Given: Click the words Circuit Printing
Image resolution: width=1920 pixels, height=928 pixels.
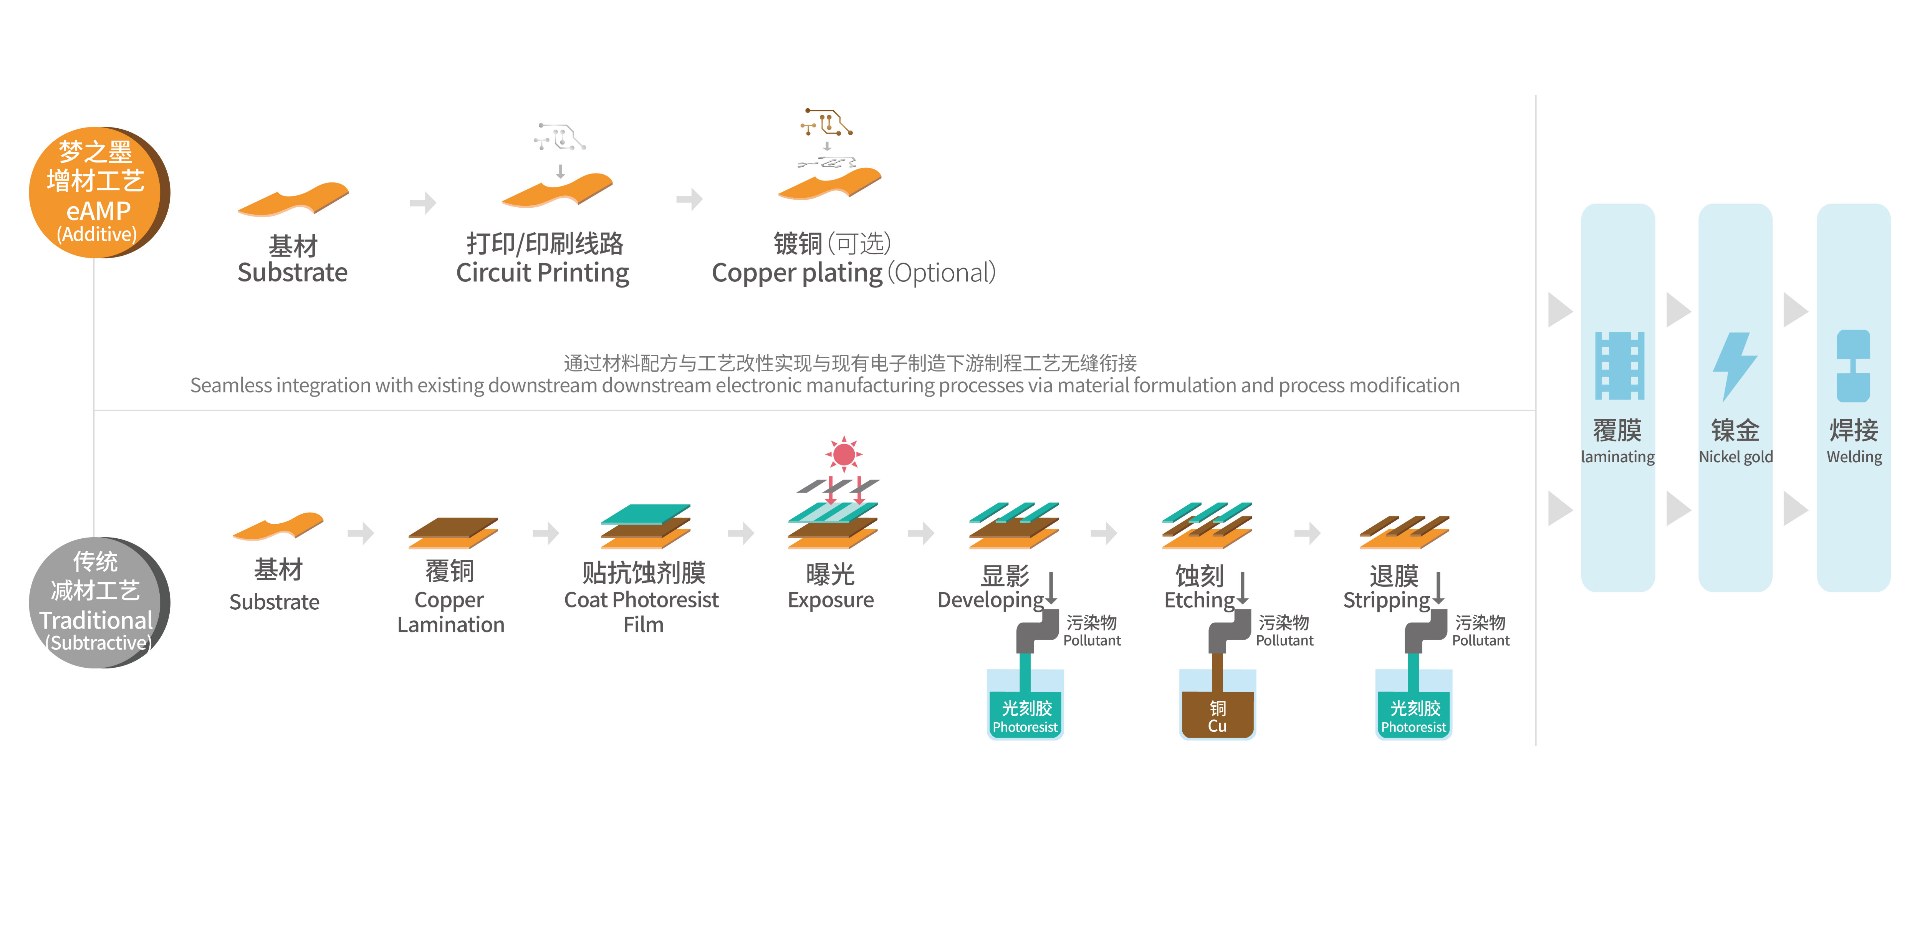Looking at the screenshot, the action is pyautogui.click(x=543, y=273).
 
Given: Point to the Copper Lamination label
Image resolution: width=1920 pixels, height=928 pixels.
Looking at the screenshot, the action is pyautogui.click(x=451, y=612).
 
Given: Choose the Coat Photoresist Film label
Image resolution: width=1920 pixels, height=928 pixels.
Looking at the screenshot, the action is pyautogui.click(x=642, y=612).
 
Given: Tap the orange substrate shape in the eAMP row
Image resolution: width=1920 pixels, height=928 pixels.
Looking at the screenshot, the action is pyautogui.click(x=293, y=199).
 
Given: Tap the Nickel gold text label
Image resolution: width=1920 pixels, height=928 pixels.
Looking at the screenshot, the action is pyautogui.click(x=1735, y=457).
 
